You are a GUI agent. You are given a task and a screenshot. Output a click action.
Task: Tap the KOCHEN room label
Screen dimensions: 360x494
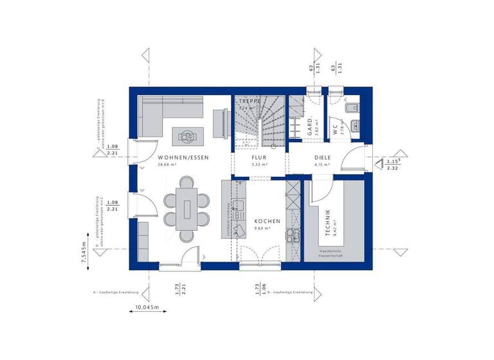pyautogui.click(x=267, y=221)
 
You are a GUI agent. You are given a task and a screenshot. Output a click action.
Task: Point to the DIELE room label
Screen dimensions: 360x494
pyautogui.click(x=322, y=157)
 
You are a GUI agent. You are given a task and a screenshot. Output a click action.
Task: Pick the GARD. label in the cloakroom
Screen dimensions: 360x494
pyautogui.click(x=310, y=126)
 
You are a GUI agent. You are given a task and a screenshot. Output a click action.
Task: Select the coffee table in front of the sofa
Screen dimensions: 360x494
pyautogui.click(x=188, y=135)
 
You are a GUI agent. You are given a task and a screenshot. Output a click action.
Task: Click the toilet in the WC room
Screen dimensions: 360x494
pyautogui.click(x=354, y=108)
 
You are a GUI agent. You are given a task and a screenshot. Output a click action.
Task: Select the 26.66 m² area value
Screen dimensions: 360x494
pyautogui.click(x=167, y=165)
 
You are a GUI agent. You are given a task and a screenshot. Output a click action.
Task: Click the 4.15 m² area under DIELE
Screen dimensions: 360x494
pyautogui.click(x=322, y=165)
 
